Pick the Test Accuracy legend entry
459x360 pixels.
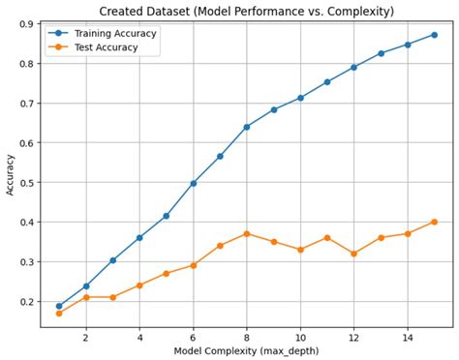(101, 46)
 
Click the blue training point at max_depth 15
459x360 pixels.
(434, 35)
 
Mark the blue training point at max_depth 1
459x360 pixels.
(59, 306)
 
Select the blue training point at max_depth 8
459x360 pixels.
(247, 127)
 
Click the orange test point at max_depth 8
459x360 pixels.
(247, 233)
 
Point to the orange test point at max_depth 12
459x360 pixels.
(353, 254)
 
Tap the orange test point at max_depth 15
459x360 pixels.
(434, 222)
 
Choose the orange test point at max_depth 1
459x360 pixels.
(59, 314)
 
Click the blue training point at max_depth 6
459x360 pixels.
(194, 183)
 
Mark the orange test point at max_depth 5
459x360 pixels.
(167, 273)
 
